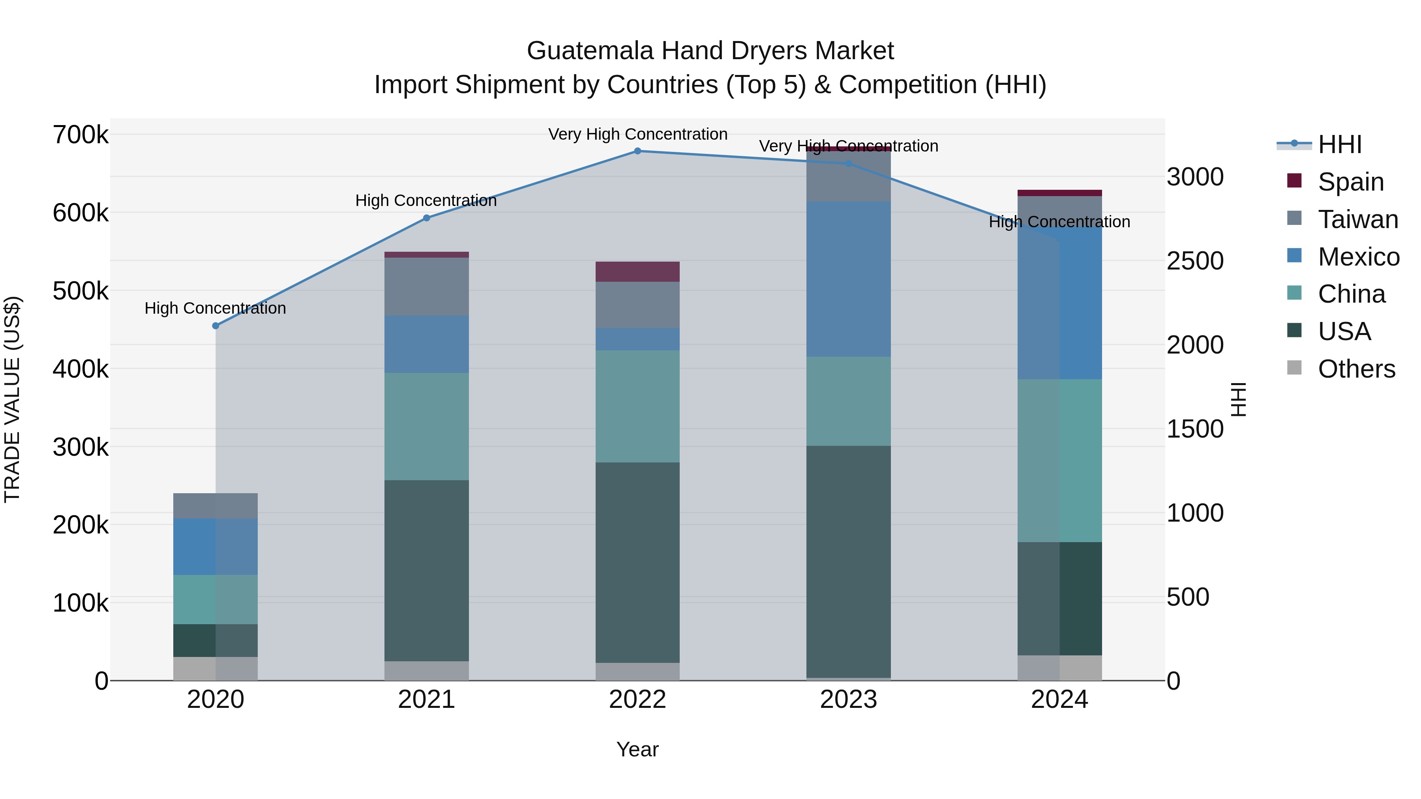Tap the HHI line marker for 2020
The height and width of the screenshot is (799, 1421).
[x=216, y=326]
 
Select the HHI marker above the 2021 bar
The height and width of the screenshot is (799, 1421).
[x=426, y=218]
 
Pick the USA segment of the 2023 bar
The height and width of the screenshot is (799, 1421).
[x=848, y=561]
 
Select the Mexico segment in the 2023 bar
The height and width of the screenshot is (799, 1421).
[x=848, y=279]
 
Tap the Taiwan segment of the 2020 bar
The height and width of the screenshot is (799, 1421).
[x=216, y=506]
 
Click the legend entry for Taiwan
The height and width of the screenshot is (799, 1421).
[x=1357, y=219]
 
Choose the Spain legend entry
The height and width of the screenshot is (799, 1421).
[x=1350, y=182]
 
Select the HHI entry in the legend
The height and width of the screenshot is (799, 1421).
[x=1339, y=144]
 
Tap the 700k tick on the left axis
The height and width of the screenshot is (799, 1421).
[x=81, y=135]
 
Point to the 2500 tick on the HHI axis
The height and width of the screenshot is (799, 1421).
[x=1195, y=261]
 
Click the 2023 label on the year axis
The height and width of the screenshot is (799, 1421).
[x=848, y=700]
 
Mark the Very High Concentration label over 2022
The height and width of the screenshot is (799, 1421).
[x=638, y=135]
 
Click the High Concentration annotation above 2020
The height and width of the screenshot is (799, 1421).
[x=215, y=308]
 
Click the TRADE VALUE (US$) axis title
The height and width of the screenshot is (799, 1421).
[x=12, y=399]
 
